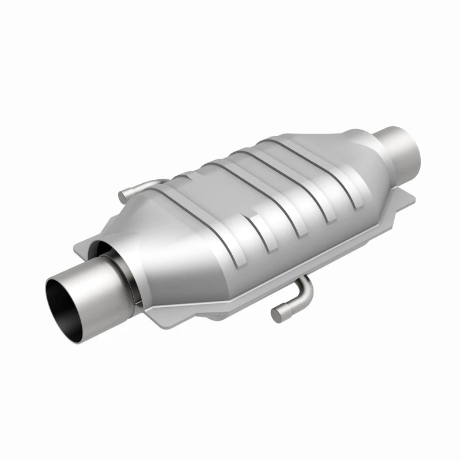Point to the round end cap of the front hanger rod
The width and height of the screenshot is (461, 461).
click(x=278, y=314)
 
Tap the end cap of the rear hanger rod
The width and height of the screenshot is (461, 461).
click(x=122, y=196)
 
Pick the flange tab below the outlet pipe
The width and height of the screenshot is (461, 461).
click(x=403, y=199)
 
